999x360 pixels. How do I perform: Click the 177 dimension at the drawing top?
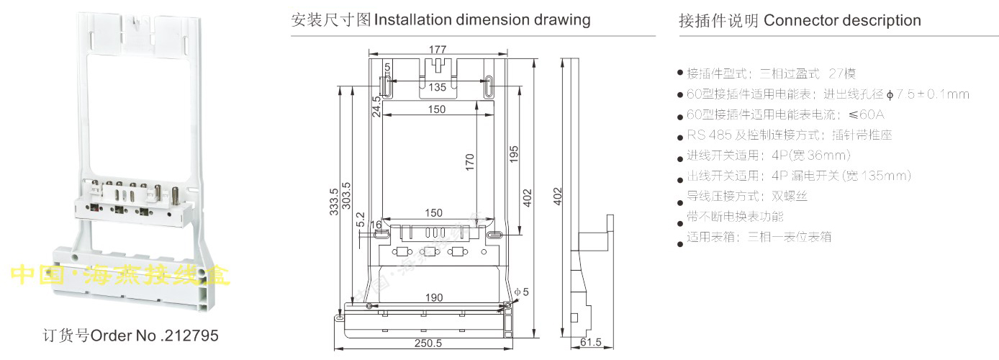(437, 50)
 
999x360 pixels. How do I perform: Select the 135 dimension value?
(437, 87)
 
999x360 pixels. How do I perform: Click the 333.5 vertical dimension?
(334, 207)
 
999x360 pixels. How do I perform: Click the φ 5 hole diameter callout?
(522, 292)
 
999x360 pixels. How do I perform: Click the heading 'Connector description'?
(842, 20)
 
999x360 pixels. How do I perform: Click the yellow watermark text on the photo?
(120, 274)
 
